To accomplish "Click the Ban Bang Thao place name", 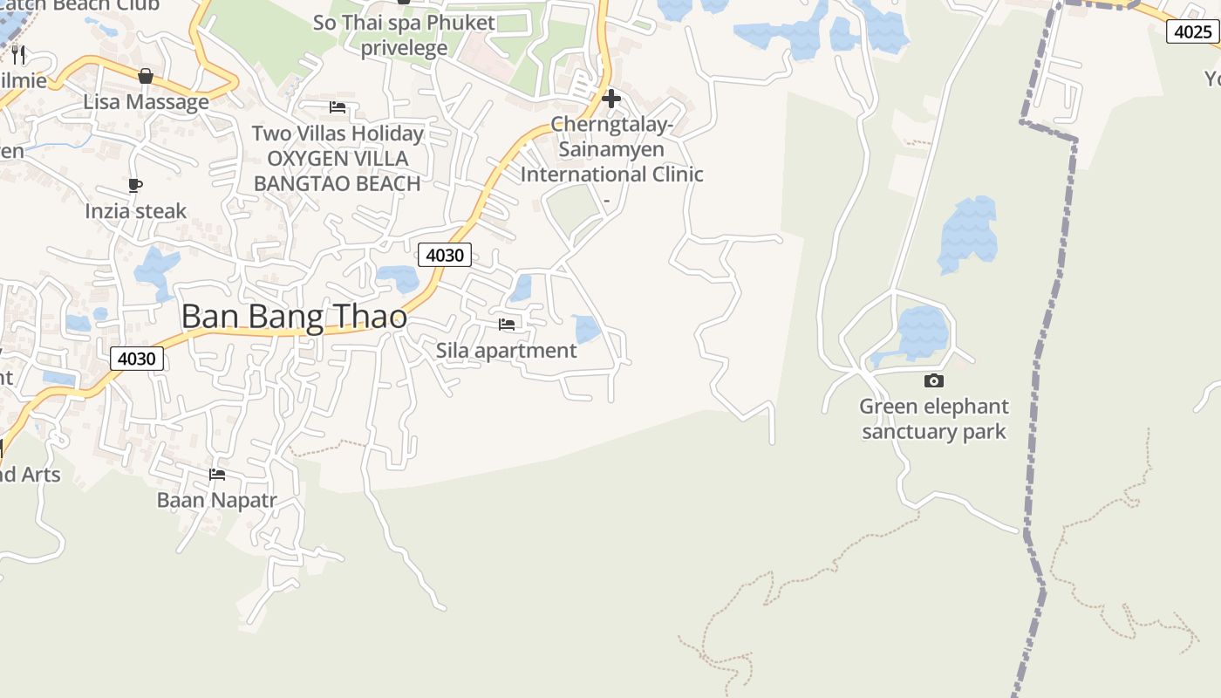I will pyautogui.click(x=294, y=316).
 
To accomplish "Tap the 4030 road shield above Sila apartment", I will pyautogui.click(x=445, y=255).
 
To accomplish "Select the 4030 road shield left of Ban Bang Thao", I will pyautogui.click(x=137, y=359).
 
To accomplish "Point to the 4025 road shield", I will pyautogui.click(x=1192, y=32).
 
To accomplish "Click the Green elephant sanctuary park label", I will pyautogui.click(x=933, y=419).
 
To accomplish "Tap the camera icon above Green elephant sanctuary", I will pyautogui.click(x=933, y=380).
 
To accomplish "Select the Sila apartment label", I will pyautogui.click(x=506, y=351).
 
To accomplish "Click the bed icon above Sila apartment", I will pyautogui.click(x=507, y=325).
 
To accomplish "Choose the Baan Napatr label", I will pyautogui.click(x=216, y=500).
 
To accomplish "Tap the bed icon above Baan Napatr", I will pyautogui.click(x=217, y=474).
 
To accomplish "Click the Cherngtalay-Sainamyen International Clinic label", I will pyautogui.click(x=611, y=149).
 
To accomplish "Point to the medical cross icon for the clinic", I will pyautogui.click(x=611, y=99).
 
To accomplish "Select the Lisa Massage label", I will pyautogui.click(x=146, y=102).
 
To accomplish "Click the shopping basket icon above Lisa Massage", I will pyautogui.click(x=146, y=76).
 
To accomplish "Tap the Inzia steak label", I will pyautogui.click(x=135, y=211).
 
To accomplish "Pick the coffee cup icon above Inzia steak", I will pyautogui.click(x=135, y=185).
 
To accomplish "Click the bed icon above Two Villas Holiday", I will pyautogui.click(x=338, y=107).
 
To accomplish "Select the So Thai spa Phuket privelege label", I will pyautogui.click(x=404, y=35).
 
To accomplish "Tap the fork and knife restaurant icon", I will pyautogui.click(x=18, y=55).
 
